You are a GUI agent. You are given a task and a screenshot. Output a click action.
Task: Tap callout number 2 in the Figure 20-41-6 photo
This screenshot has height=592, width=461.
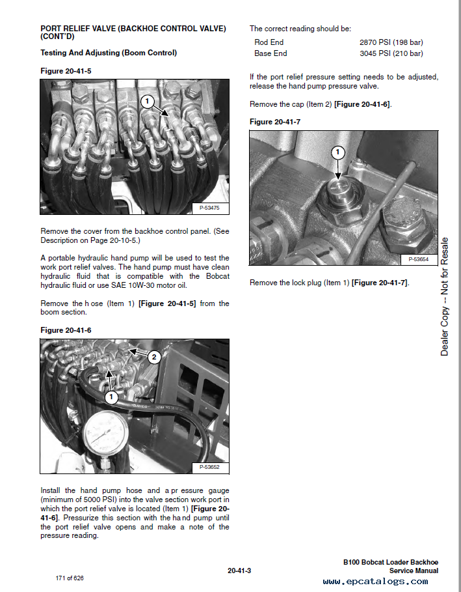point(154,356)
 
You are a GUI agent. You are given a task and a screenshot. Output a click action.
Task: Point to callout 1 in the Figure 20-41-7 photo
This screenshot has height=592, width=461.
point(337,153)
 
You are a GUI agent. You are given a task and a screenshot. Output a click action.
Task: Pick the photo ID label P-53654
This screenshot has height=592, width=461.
point(418,259)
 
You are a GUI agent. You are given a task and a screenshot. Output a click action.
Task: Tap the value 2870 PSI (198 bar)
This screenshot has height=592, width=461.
point(391,42)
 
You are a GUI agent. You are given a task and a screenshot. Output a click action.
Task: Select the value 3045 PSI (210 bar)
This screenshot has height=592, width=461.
point(391,53)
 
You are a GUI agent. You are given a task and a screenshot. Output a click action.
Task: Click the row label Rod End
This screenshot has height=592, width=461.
point(269,42)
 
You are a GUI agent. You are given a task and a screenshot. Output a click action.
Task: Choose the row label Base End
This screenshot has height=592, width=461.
point(270,53)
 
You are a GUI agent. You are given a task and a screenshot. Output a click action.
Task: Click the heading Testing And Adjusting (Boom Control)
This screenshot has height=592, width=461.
point(109,53)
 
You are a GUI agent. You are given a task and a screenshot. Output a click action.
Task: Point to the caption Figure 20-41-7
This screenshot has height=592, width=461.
point(275,122)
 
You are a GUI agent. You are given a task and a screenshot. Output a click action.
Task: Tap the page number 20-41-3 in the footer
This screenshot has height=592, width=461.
point(239,571)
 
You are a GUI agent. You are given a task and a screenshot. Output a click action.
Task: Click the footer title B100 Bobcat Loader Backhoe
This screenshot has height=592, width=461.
point(391,562)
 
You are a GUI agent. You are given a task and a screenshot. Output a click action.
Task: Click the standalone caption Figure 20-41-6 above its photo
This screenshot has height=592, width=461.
point(66,330)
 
